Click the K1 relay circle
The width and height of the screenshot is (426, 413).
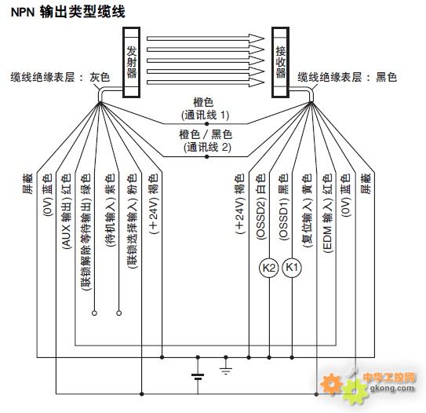click(292, 268)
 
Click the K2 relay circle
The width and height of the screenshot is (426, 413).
click(269, 268)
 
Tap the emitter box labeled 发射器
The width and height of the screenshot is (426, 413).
click(132, 62)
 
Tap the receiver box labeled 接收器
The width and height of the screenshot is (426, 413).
click(280, 62)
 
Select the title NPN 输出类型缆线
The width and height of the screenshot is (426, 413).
click(68, 13)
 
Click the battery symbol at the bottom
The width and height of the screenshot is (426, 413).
click(198, 376)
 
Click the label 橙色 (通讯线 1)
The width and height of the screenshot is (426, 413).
click(205, 109)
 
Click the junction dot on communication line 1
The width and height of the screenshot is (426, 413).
click(207, 124)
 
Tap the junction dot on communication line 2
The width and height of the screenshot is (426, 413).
click(207, 156)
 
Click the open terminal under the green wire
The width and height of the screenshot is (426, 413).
click(94, 313)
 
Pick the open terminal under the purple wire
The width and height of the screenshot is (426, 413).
click(118, 313)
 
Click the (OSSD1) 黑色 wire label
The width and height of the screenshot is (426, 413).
click(283, 207)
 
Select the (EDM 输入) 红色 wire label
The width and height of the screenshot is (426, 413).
click(328, 214)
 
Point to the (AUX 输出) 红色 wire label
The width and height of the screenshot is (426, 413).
click(66, 211)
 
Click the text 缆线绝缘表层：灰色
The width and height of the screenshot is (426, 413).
click(60, 77)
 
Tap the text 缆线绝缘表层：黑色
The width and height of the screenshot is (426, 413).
click(348, 77)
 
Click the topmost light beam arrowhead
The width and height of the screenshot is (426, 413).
click(257, 38)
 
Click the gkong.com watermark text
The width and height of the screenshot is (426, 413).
click(392, 388)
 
